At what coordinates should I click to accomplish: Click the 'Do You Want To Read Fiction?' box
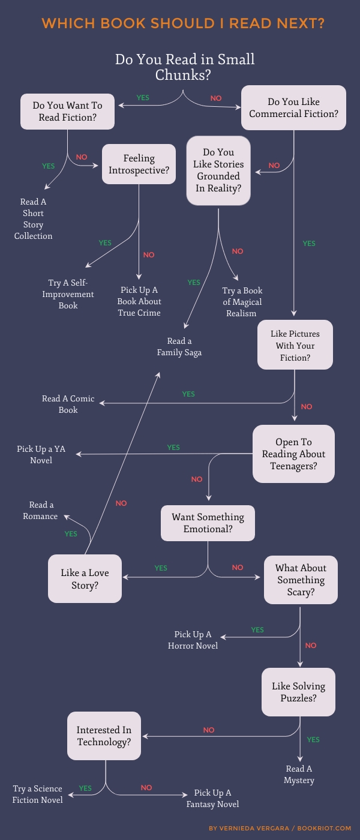[x=67, y=112]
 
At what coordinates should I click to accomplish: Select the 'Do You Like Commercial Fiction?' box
[x=293, y=107]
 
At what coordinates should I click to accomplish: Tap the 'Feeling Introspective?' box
[x=139, y=164]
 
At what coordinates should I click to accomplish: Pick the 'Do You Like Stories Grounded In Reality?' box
[x=218, y=170]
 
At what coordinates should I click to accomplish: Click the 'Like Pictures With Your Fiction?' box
[x=295, y=344]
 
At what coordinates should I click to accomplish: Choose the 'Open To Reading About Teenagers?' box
[x=293, y=454]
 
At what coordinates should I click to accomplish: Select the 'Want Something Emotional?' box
[x=208, y=523]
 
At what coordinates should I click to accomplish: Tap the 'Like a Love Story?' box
[x=85, y=578]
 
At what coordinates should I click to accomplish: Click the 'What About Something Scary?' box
[x=301, y=580]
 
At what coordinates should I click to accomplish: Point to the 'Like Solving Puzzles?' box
[x=299, y=692]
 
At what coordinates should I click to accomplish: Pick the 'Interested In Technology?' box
[x=104, y=736]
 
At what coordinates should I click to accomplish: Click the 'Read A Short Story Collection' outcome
[x=34, y=219]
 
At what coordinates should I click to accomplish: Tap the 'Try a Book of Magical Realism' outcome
[x=242, y=302]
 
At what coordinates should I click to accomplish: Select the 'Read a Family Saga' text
[x=179, y=347]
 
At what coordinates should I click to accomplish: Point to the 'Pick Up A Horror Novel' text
[x=193, y=640]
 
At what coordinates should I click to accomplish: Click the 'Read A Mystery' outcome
[x=299, y=775]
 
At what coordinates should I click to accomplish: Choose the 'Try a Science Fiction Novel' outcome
[x=37, y=794]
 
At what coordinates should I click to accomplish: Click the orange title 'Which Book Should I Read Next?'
[x=183, y=23]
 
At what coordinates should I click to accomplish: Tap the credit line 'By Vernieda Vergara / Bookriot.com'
[x=280, y=828]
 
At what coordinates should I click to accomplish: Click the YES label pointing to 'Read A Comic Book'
[x=188, y=394]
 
